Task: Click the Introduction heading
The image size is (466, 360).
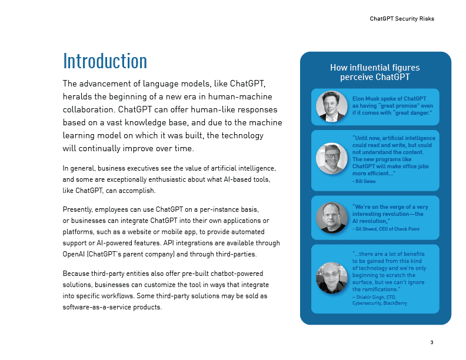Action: point(105,61)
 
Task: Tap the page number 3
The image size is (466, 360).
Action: point(432,342)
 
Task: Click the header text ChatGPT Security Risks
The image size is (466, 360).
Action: point(402,19)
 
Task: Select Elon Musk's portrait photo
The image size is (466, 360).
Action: point(331,106)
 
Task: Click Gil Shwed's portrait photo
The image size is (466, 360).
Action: point(331,218)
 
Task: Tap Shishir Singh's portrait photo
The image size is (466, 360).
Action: point(331,278)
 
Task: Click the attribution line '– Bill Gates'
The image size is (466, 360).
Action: point(364,181)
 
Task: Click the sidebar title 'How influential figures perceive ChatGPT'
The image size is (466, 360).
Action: point(375,72)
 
